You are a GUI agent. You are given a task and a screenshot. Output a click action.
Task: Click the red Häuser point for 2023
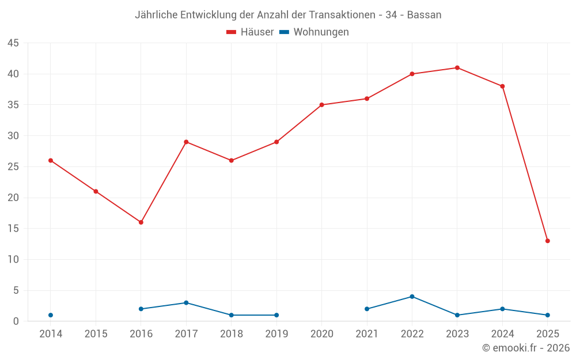click(457, 67)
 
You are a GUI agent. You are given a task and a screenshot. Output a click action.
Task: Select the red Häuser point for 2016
click(141, 222)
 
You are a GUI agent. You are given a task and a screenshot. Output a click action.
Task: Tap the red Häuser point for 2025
click(548, 241)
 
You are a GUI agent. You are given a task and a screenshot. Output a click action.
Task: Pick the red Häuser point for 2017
click(186, 142)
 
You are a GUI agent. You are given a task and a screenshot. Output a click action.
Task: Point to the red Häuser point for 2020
click(321, 105)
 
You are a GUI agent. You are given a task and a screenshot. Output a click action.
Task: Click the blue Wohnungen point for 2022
click(412, 297)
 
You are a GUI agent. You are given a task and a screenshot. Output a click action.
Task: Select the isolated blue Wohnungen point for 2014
click(51, 315)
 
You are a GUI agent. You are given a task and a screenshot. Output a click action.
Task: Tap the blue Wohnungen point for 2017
click(186, 303)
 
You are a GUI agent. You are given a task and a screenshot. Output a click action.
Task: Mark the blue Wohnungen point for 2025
click(548, 315)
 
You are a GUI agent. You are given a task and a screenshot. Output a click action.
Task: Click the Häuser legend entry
click(251, 32)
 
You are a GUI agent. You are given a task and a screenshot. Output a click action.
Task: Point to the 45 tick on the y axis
click(13, 43)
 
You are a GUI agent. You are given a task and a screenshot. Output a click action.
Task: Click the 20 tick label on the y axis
click(13, 198)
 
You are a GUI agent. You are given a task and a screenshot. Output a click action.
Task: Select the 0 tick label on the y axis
click(16, 321)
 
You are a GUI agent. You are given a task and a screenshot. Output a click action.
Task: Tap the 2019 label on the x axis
click(276, 334)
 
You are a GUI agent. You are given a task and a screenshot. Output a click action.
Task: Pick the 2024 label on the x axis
click(502, 334)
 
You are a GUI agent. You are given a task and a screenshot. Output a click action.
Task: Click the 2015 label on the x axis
click(96, 334)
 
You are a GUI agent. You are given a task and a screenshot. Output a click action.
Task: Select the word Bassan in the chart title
click(424, 15)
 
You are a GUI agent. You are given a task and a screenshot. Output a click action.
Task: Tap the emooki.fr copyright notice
click(526, 348)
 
